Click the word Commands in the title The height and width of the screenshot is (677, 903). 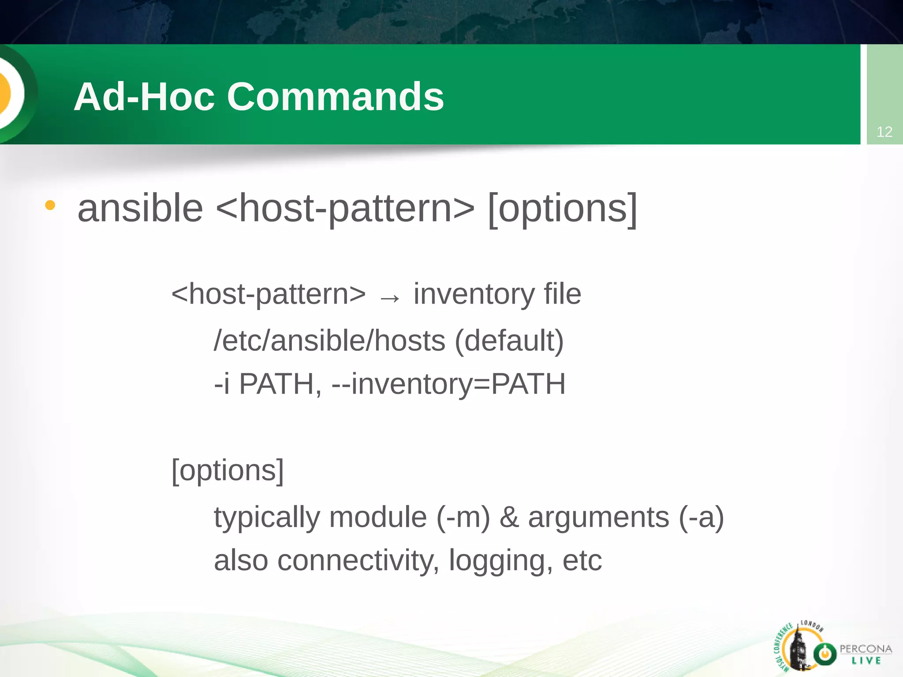335,97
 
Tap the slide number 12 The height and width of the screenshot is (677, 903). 884,132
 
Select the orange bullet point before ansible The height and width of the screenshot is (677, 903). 50,205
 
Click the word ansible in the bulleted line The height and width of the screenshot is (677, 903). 140,208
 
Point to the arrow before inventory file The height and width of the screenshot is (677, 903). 390,298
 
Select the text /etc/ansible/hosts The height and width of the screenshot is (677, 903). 329,341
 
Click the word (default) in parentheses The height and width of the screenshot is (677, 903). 509,341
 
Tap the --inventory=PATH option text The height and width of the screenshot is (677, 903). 448,384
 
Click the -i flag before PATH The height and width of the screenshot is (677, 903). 222,384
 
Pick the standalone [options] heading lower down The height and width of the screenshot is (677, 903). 228,470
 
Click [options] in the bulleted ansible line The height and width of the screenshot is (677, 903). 563,208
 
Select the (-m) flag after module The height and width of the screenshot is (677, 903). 463,517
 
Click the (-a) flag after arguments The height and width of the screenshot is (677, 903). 702,517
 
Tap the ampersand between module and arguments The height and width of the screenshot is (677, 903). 509,517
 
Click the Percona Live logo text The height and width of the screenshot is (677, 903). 866,654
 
